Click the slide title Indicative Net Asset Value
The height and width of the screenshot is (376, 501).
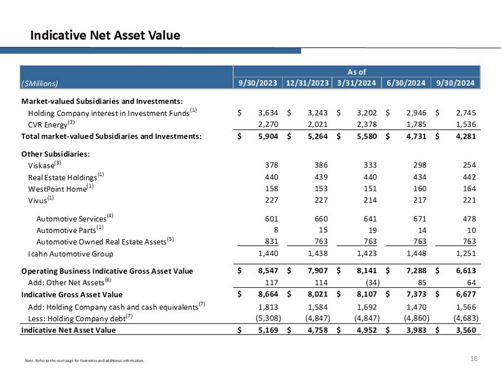(x=105, y=35)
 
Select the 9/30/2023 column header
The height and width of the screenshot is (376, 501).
(x=258, y=83)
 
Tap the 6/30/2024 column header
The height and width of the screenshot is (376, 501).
(x=406, y=83)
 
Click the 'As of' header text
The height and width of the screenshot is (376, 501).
(x=356, y=72)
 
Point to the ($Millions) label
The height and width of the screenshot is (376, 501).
(x=39, y=83)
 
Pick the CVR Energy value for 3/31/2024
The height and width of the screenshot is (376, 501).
(x=366, y=124)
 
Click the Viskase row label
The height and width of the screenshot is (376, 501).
(x=41, y=165)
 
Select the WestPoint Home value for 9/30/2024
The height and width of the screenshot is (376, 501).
(x=469, y=189)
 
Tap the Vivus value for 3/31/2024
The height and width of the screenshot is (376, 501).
(x=370, y=200)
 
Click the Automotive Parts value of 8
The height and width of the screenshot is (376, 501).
(x=276, y=230)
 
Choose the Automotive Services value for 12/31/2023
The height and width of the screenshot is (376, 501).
(x=321, y=219)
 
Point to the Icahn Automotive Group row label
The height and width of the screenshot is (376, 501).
(x=70, y=254)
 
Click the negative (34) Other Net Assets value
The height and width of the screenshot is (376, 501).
(x=372, y=283)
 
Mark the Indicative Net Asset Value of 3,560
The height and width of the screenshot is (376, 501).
(x=466, y=330)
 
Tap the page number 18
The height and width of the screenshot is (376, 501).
(x=474, y=359)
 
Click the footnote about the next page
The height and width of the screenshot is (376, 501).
(x=84, y=361)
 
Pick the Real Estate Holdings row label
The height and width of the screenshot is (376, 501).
(x=62, y=177)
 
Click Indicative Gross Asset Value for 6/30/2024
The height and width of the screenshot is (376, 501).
(x=416, y=294)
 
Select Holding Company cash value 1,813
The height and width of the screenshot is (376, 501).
(x=268, y=307)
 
